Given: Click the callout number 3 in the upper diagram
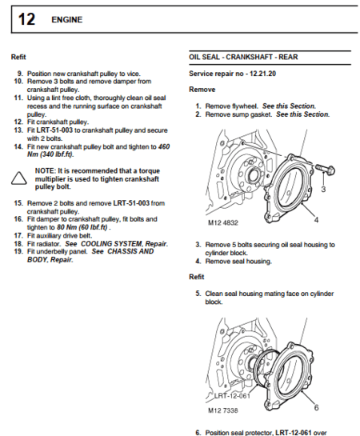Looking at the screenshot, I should [x=323, y=190].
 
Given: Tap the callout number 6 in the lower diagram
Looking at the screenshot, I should [x=317, y=407].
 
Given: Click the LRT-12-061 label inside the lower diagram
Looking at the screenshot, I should [x=233, y=396].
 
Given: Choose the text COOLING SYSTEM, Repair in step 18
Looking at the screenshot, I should [x=122, y=243].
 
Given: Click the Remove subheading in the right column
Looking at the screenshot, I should [x=202, y=90].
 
